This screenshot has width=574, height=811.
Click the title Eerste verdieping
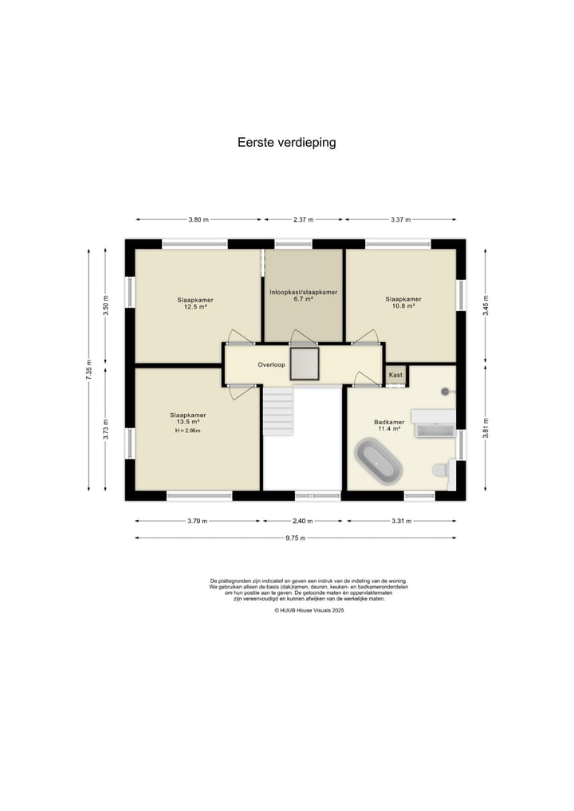click(286, 142)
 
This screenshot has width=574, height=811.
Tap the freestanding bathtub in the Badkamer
click(379, 461)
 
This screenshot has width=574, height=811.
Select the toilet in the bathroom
click(441, 470)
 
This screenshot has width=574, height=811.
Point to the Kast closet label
click(395, 375)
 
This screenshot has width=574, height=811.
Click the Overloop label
click(272, 364)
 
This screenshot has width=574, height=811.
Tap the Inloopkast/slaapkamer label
click(304, 292)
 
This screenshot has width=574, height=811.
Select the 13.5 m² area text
click(188, 422)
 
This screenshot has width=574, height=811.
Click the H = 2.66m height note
click(187, 431)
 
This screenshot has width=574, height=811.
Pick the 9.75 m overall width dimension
click(295, 538)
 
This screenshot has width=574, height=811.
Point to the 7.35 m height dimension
click(88, 370)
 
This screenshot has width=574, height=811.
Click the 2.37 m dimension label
click(304, 219)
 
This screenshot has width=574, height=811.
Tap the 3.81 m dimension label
click(486, 427)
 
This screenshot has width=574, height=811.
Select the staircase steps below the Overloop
click(278, 411)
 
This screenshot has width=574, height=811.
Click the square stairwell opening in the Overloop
click(305, 364)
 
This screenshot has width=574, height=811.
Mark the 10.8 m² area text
click(403, 305)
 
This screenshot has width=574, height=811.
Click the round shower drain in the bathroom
click(445, 392)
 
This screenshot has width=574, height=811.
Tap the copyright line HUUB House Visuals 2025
click(309, 610)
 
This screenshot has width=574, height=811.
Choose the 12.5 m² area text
click(195, 307)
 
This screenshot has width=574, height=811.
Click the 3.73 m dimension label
click(105, 429)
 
